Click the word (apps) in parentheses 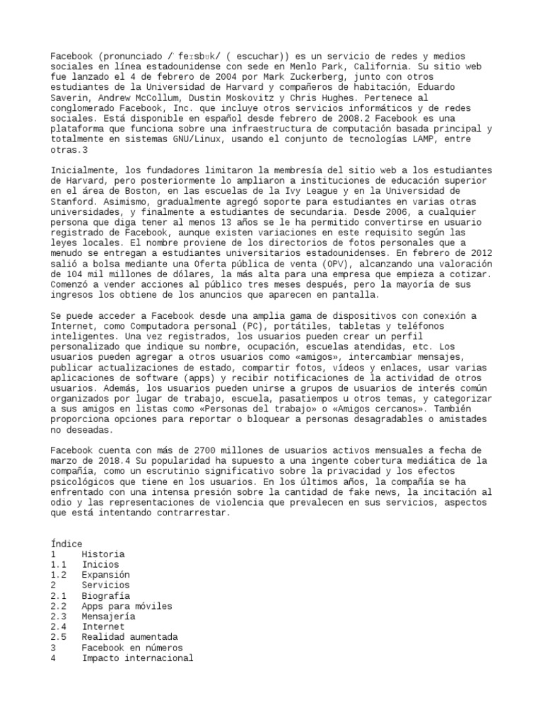pyautogui.click(x=203, y=378)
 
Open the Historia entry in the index pyautogui.click(x=103, y=554)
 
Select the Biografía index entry pyautogui.click(x=105, y=595)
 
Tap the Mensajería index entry pyautogui.click(x=108, y=617)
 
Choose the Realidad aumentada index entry pyautogui.click(x=130, y=637)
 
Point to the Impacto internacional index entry pyautogui.click(x=137, y=658)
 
